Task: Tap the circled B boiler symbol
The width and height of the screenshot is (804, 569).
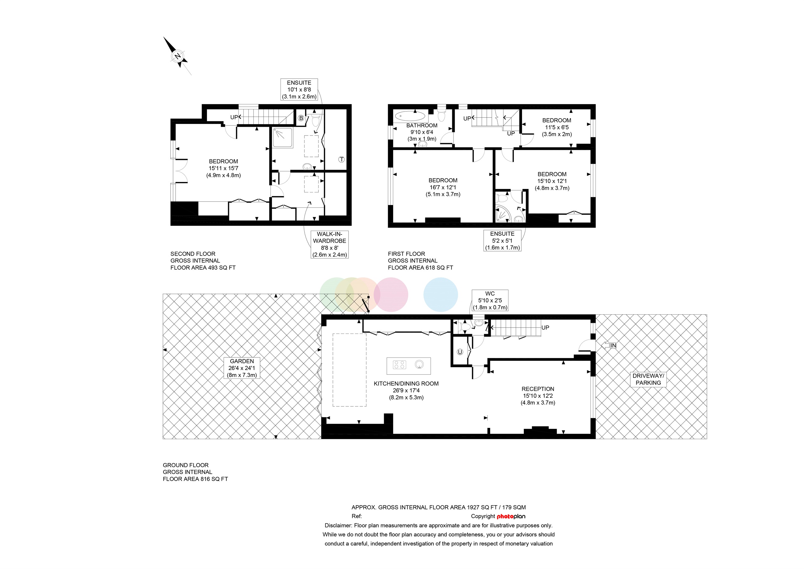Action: [301, 118]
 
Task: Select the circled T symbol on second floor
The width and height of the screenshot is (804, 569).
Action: [341, 159]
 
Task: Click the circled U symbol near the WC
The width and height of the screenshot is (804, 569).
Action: [460, 352]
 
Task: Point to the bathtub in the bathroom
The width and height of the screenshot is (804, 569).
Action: [410, 116]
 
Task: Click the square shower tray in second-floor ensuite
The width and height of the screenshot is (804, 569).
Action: [283, 138]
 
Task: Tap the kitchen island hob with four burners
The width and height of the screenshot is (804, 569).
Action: [399, 365]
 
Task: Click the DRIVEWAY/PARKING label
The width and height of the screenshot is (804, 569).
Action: [648, 379]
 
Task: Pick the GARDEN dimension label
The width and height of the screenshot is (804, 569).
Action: [242, 368]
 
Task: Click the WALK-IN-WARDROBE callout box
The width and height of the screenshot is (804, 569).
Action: [329, 244]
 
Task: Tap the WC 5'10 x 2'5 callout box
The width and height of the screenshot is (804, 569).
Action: [490, 301]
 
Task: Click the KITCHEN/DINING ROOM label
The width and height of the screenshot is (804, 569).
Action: [406, 390]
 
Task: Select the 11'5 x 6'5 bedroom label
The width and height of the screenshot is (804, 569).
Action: [557, 127]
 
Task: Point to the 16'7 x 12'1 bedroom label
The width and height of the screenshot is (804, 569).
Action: [443, 187]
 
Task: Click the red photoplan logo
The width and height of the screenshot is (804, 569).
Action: [511, 517]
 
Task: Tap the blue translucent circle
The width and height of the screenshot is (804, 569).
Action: [441, 295]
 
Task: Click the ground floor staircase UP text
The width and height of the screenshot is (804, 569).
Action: [545, 328]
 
